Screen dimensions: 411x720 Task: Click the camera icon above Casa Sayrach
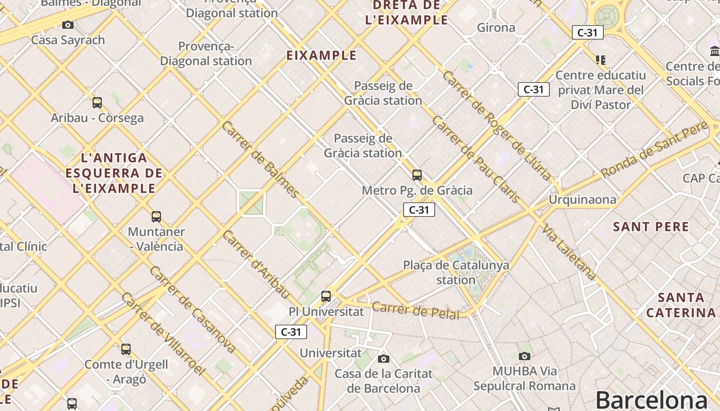coord(67,25)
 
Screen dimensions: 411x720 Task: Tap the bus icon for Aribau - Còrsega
coord(97,103)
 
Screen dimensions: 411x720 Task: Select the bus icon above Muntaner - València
coord(156,217)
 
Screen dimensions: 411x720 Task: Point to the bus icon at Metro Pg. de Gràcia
coord(417,175)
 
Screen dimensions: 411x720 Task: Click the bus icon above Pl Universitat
coord(326,296)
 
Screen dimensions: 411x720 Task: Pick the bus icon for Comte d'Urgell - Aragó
coord(126,349)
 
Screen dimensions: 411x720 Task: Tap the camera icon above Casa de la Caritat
coord(383,359)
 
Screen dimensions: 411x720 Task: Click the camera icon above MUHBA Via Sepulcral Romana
coord(525,356)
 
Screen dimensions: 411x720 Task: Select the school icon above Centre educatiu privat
coord(600,60)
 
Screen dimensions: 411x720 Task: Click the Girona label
coord(496,28)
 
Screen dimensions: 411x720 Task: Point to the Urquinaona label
coord(582,199)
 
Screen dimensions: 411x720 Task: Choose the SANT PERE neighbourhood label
coord(651,227)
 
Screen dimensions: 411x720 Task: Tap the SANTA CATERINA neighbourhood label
coord(681,305)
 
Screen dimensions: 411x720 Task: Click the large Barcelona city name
coord(652,400)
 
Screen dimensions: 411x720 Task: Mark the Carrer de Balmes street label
coord(260,159)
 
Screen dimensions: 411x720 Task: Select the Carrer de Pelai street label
coord(416,310)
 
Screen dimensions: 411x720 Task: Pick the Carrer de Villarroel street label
coord(164,334)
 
